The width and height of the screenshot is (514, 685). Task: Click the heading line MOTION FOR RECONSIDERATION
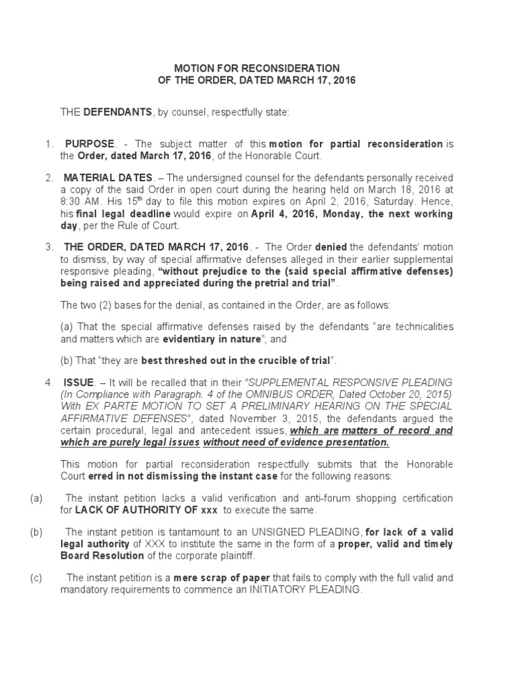257,68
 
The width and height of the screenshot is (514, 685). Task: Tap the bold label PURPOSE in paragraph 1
90,144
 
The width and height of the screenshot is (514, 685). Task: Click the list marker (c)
36,578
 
